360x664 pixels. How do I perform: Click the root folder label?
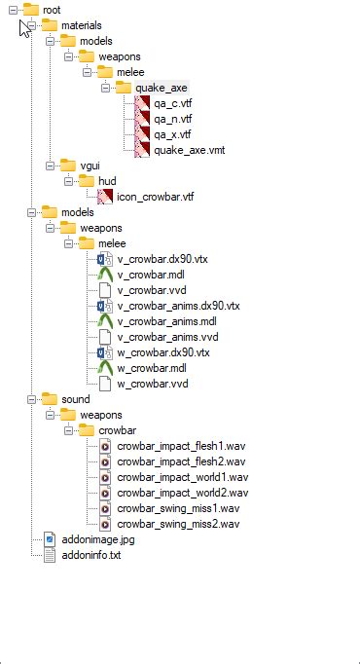(x=52, y=10)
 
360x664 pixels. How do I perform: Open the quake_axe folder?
(x=162, y=88)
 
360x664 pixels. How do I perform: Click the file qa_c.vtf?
(x=173, y=103)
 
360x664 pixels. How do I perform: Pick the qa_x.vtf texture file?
(x=173, y=134)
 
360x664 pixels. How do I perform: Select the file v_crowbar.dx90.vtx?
(x=162, y=259)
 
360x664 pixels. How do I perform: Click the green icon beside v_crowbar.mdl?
(x=106, y=275)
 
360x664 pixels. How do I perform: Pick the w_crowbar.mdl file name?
(x=152, y=368)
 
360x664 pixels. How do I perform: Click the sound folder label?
(x=75, y=399)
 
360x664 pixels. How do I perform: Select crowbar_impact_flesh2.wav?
(x=181, y=461)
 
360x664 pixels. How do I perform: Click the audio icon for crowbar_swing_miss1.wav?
(x=106, y=508)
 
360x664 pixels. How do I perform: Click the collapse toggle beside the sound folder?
(x=31, y=399)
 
